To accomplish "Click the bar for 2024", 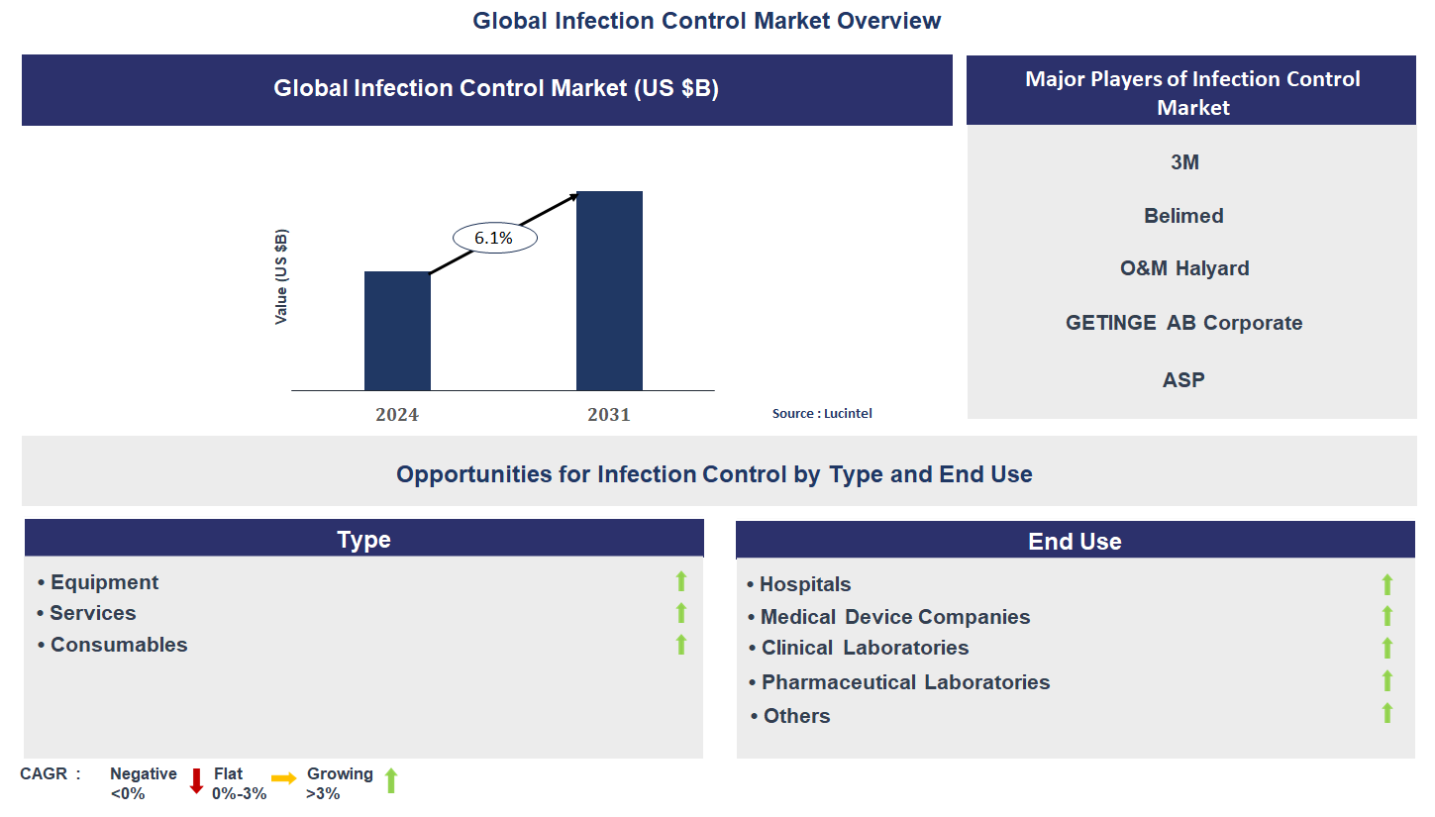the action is (397, 331).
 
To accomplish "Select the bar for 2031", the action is (609, 290).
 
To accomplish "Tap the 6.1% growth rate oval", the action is (494, 238).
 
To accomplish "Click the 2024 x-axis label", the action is (396, 415).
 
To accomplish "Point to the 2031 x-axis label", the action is (609, 415).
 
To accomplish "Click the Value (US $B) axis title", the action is (280, 276).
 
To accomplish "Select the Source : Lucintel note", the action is (822, 413).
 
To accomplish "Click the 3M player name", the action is (1184, 162).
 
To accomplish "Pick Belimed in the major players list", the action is (1183, 215).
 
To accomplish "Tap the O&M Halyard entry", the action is (1184, 267).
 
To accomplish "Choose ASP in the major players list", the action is (1183, 379).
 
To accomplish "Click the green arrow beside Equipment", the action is (681, 581).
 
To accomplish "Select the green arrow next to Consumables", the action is (681, 644).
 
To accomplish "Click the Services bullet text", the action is (93, 613).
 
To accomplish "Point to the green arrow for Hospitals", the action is (1386, 584).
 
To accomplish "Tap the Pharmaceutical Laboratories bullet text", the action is (906, 681).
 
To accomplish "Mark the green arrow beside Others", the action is (1386, 713).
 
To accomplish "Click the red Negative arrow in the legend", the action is (197, 781).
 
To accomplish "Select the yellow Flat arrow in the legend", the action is (284, 778).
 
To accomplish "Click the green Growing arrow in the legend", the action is (391, 780).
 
